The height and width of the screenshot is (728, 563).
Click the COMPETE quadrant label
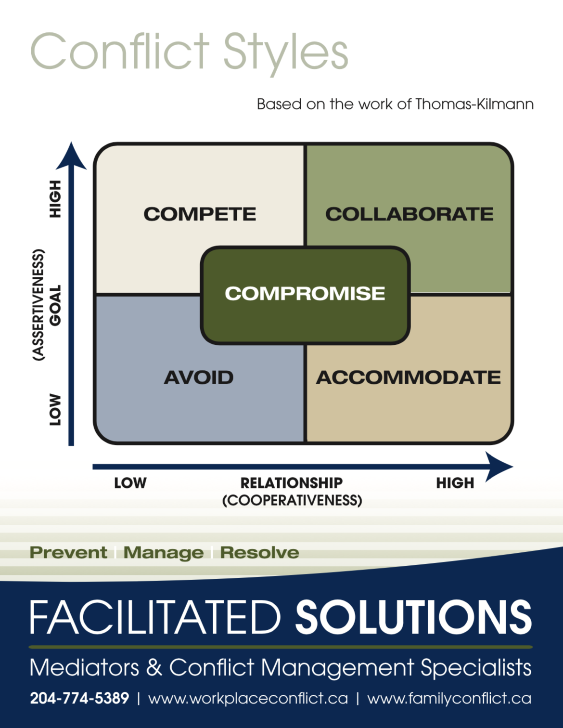[200, 214]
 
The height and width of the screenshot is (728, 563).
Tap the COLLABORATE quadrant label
[409, 214]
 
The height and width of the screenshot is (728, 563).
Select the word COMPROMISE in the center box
[305, 293]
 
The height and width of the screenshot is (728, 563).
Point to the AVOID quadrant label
[199, 377]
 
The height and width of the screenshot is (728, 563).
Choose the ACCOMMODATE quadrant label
[409, 377]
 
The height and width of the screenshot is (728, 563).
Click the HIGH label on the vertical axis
[56, 199]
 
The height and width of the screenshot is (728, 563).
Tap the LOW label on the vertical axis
[56, 410]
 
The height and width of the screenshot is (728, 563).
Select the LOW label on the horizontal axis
[130, 483]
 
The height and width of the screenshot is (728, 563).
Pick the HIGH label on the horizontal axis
[455, 483]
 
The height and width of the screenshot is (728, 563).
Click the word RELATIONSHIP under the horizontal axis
[292, 483]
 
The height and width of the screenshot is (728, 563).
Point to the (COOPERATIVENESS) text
[292, 500]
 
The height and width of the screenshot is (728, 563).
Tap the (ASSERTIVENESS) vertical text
[38, 305]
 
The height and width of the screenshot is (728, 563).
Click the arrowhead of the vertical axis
[71, 156]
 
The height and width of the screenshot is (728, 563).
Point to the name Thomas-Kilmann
[474, 104]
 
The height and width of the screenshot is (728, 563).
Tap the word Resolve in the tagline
[259, 553]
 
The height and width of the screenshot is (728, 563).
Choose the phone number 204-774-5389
[79, 698]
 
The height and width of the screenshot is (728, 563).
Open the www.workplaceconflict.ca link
[248, 698]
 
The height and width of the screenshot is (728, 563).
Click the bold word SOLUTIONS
[413, 617]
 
